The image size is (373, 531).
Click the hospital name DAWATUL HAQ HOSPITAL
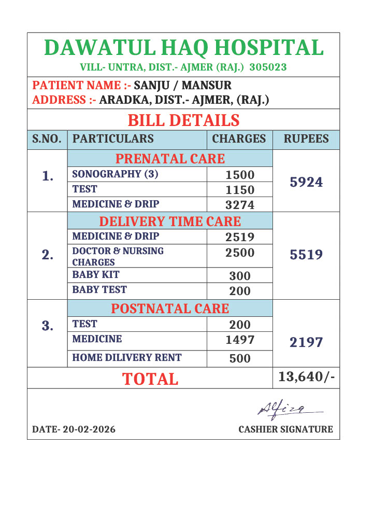(x=184, y=48)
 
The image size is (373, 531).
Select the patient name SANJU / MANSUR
(x=183, y=85)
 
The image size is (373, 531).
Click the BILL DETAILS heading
(x=183, y=120)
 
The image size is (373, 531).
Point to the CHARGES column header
(x=239, y=139)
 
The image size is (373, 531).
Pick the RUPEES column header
(x=306, y=139)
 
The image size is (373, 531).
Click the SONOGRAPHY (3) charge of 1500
(x=240, y=175)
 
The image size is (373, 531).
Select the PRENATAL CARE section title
(x=170, y=159)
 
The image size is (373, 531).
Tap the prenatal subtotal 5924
(x=306, y=182)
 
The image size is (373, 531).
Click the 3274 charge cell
(x=240, y=205)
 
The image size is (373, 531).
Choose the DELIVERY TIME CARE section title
(x=170, y=222)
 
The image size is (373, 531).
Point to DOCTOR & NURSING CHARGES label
(x=118, y=256)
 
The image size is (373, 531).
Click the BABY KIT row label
(x=96, y=274)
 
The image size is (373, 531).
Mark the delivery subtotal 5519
(x=306, y=255)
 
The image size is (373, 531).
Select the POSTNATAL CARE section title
(x=170, y=309)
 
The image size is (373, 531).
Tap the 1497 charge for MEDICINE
(x=240, y=340)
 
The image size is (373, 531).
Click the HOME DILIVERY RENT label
(x=127, y=357)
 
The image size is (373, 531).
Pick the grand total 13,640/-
(x=306, y=377)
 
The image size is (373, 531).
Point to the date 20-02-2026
(x=74, y=429)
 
